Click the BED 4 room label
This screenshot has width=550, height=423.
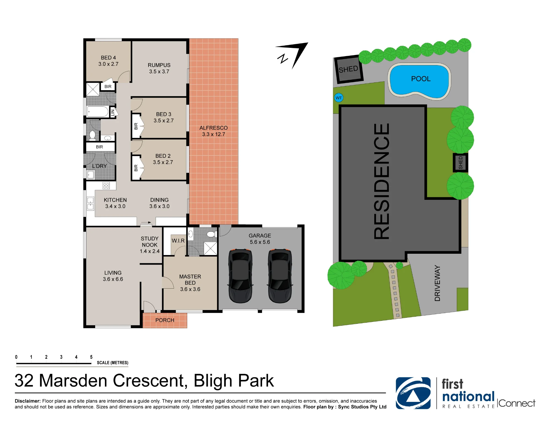[x=108, y=58]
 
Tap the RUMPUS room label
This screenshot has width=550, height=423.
[x=159, y=65]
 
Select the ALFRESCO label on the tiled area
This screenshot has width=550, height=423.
[x=213, y=128]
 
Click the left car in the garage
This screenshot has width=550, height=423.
[x=240, y=276]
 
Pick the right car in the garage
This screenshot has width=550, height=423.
[x=280, y=276]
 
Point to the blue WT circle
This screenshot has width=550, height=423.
[x=339, y=98]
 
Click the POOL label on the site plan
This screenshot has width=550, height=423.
[x=421, y=79]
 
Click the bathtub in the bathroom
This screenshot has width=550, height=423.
[x=98, y=112]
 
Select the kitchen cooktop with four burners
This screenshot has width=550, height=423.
[x=106, y=186]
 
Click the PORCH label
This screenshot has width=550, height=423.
[x=165, y=320]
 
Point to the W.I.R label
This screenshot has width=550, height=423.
[x=178, y=241]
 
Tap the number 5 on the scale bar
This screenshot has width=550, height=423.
[x=91, y=357]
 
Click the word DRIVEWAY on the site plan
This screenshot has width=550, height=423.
[x=437, y=283]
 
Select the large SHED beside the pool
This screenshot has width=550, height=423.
[x=348, y=69]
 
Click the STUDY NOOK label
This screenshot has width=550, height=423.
[x=150, y=242]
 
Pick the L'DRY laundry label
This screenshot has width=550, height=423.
[x=99, y=166]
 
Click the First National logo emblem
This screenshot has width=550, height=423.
[x=413, y=393]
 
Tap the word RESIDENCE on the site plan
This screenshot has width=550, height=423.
[x=382, y=181]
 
